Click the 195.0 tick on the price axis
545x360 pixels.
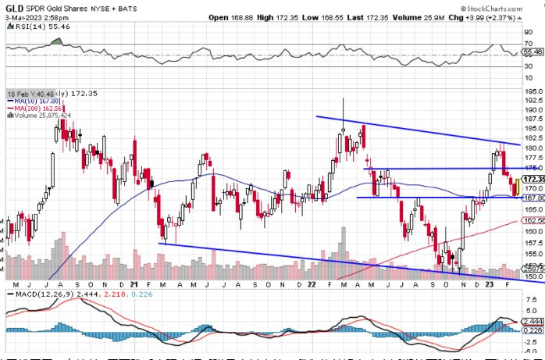[533, 90]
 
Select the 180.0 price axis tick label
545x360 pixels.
[533, 148]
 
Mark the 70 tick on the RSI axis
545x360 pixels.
[528, 44]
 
